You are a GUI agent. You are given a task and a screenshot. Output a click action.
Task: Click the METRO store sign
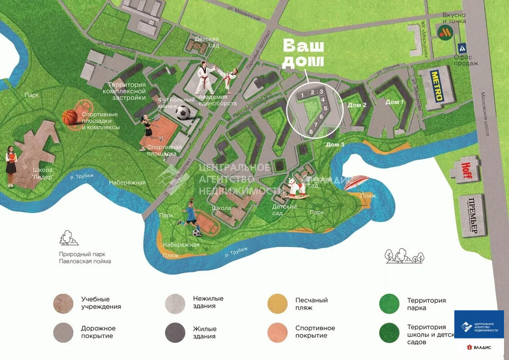click(436, 86)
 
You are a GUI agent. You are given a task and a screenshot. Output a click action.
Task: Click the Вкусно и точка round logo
click(444, 33)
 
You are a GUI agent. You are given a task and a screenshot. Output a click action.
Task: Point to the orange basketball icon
click(70, 117)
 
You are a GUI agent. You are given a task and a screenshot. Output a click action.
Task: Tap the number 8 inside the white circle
click(311, 131)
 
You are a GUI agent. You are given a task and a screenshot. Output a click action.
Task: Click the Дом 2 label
click(357, 105)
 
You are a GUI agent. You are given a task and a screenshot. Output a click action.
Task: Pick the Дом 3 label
click(335, 145)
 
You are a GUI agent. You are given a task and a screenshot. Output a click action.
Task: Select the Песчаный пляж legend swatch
click(277, 304)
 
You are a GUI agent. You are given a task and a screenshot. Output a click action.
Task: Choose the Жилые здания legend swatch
click(175, 332)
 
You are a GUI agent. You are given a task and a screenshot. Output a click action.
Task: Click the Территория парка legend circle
click(389, 304)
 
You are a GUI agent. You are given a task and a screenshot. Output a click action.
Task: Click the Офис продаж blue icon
click(463, 48)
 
